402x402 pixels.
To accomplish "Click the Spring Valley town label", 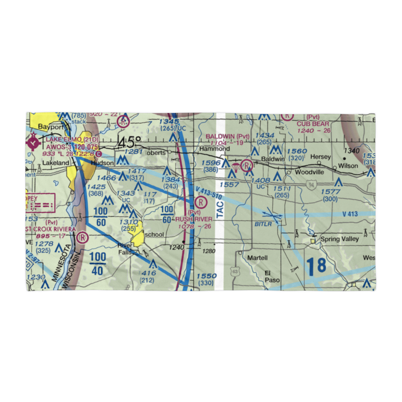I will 340,239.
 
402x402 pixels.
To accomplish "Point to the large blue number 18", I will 316,267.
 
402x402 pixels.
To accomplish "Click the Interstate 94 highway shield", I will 312,185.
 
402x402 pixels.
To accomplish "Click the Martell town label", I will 257,257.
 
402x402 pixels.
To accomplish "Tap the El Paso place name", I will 272,276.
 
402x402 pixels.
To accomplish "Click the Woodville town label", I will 310,172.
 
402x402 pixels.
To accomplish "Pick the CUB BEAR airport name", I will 313,124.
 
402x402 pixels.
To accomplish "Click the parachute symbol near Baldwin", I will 236,166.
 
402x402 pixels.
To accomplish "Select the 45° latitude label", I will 129,142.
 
